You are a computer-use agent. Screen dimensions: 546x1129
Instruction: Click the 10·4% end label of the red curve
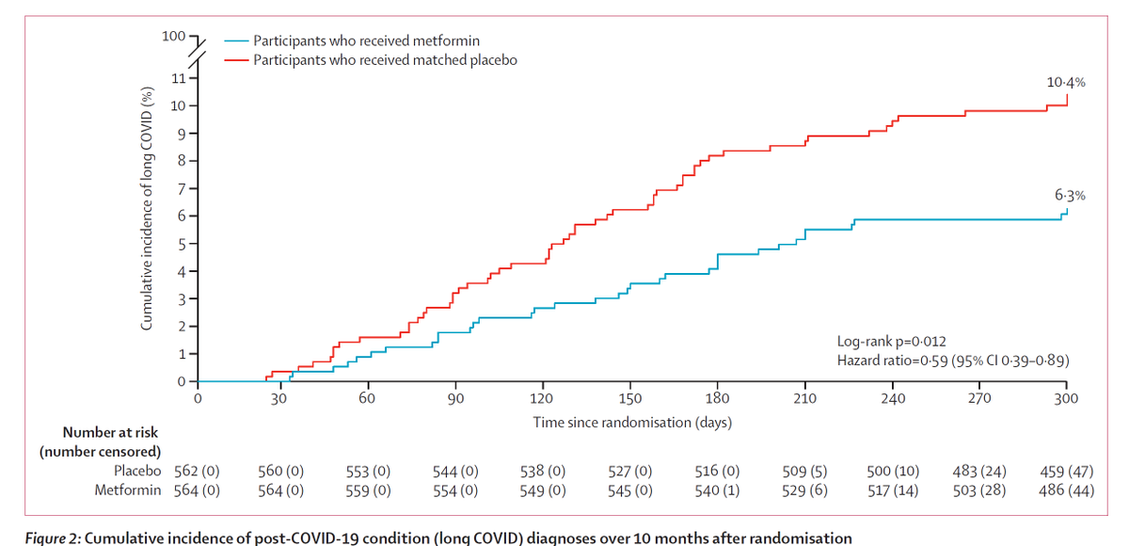pos(1066,83)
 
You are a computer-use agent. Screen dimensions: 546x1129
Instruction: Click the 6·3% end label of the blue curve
pos(1070,196)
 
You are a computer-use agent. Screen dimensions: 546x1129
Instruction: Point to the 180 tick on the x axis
pos(718,399)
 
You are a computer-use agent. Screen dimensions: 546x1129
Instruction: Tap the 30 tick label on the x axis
pos(278,399)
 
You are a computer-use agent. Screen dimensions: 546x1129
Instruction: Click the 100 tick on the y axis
pos(173,37)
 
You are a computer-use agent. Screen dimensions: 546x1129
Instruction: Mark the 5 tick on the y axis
pos(178,244)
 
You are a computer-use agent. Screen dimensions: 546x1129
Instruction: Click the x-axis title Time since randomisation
pos(632,423)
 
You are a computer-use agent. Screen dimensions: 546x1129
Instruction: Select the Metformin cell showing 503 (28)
pos(979,490)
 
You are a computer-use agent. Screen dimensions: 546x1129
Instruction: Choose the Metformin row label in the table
pos(128,490)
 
